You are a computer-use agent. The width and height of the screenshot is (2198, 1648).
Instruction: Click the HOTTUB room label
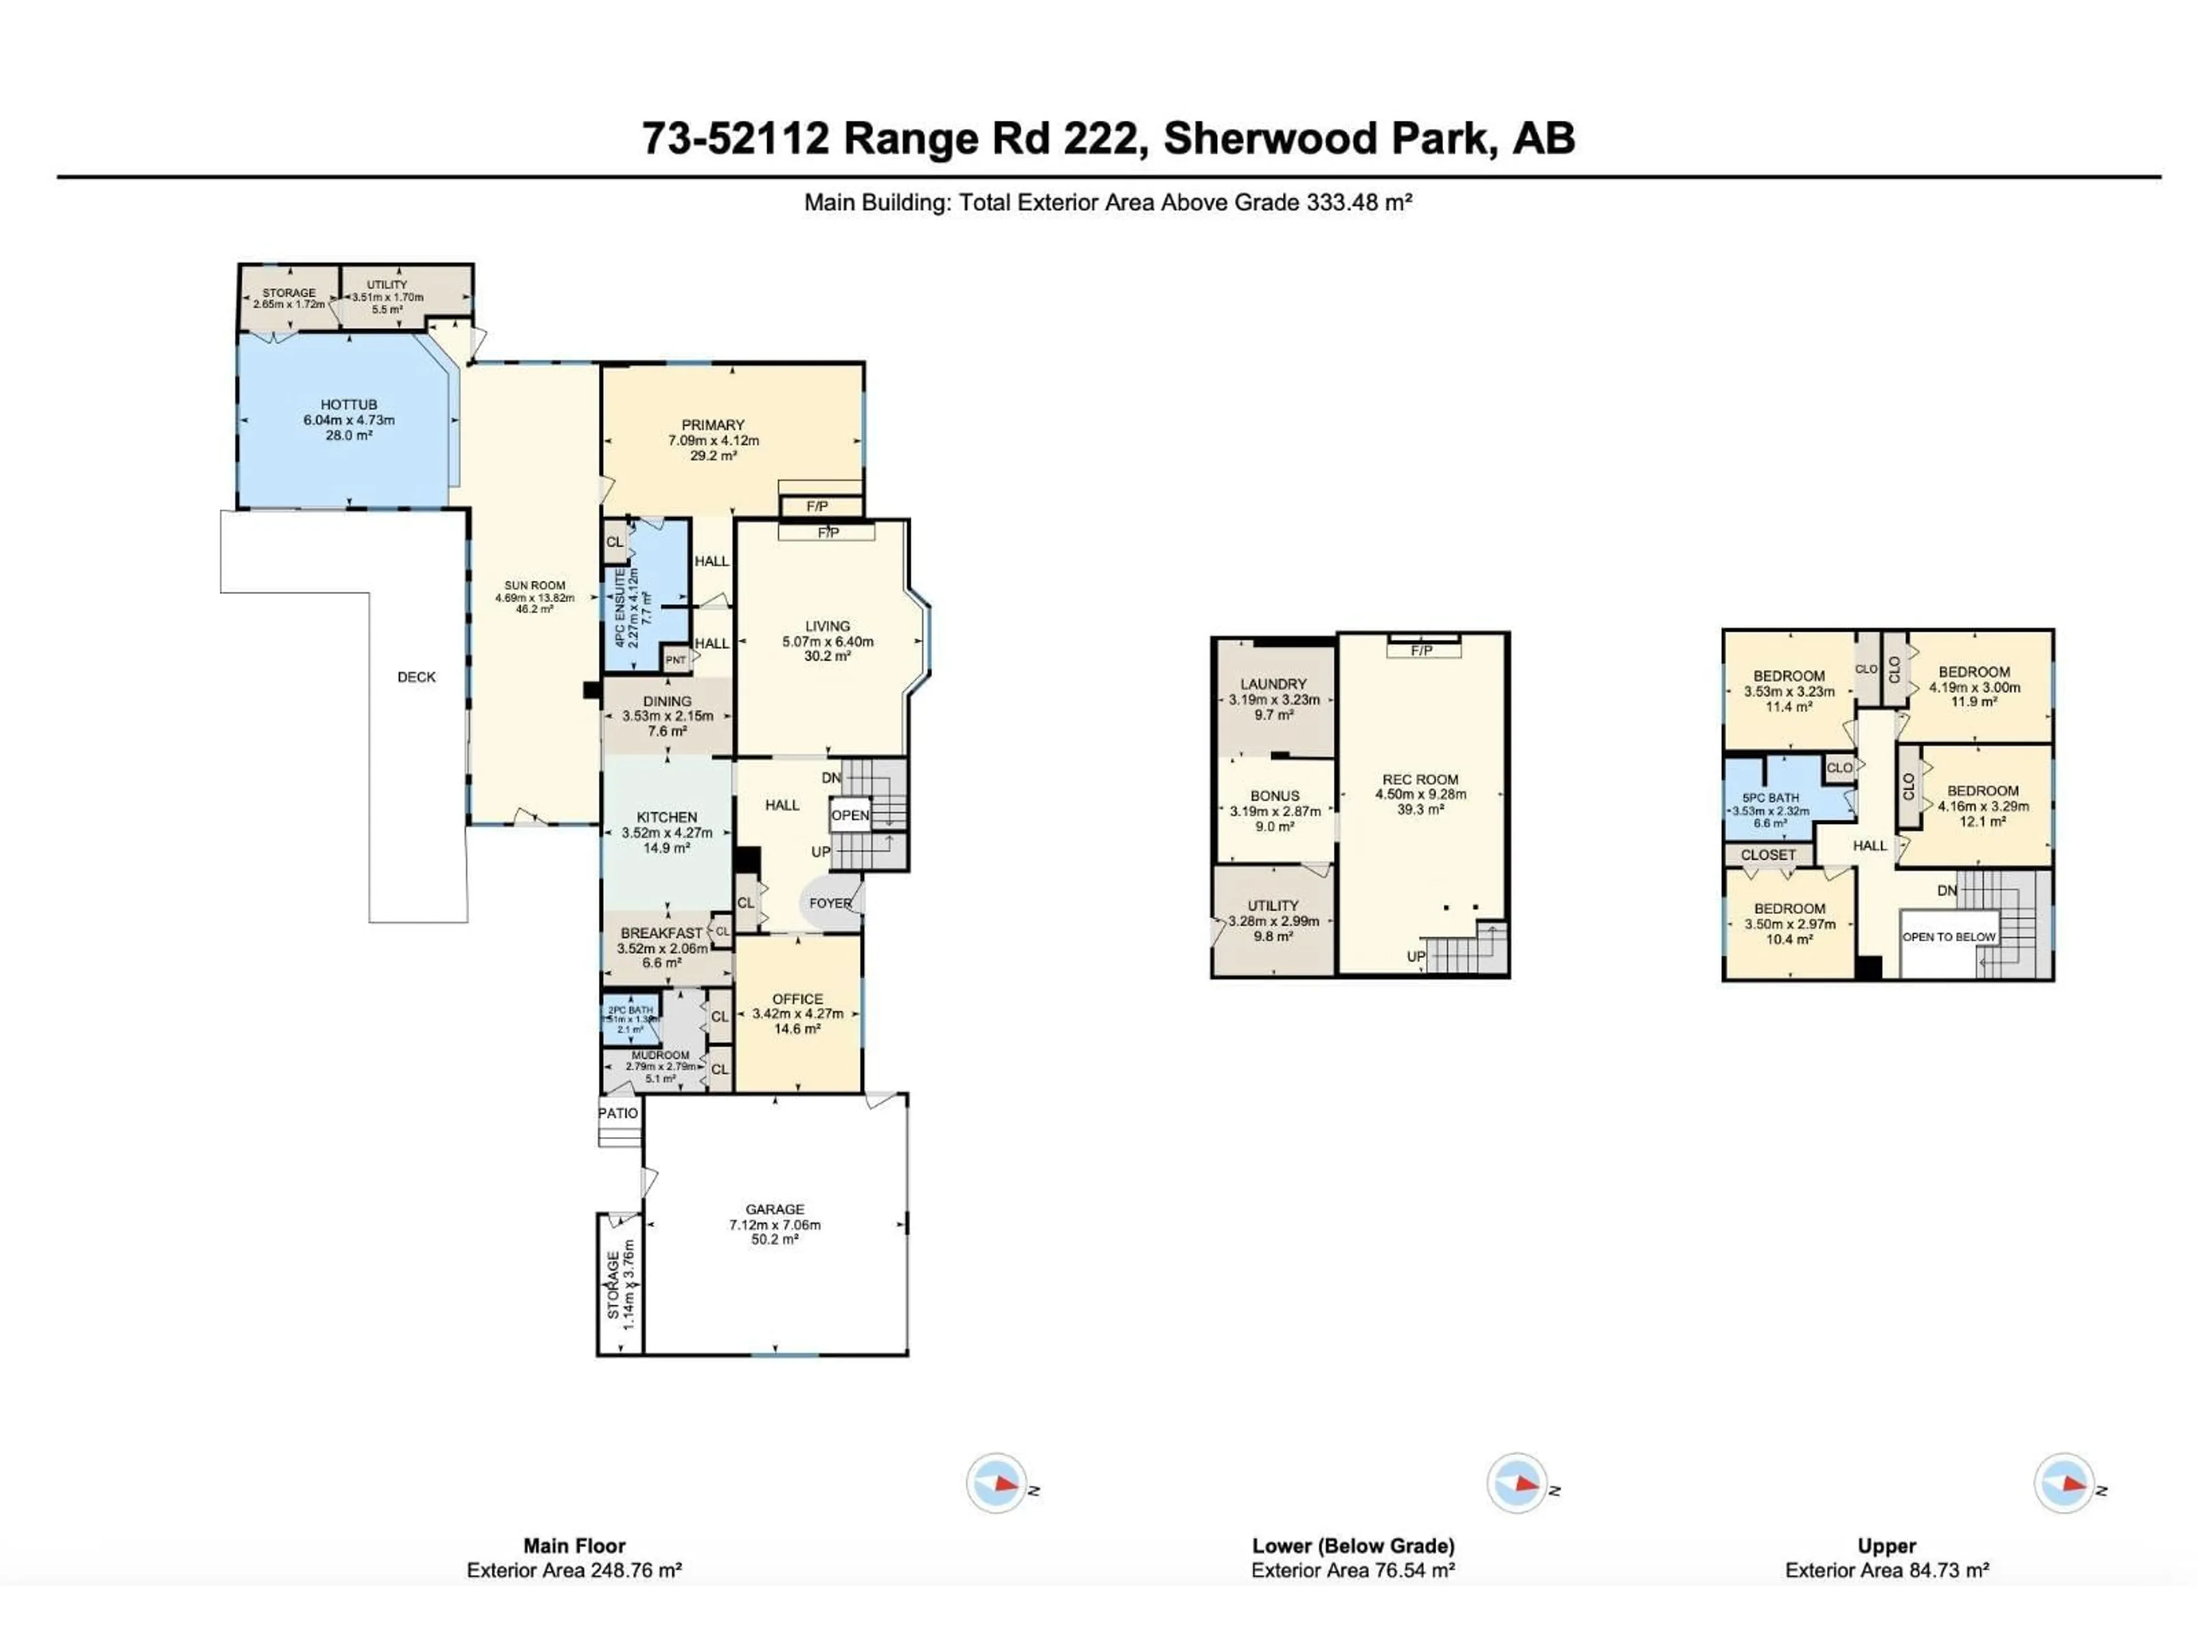pos(349,405)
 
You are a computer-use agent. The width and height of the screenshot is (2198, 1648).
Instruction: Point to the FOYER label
pos(830,903)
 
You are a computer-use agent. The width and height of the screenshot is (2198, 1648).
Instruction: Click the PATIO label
pos(618,1112)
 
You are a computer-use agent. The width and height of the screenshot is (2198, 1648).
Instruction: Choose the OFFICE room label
pos(797,999)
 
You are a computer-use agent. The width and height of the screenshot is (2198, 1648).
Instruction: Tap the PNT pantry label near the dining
pos(675,660)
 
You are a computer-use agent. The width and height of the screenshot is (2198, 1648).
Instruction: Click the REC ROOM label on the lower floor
pos(1420,780)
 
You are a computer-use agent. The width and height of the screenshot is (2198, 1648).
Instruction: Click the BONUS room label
pos(1274,796)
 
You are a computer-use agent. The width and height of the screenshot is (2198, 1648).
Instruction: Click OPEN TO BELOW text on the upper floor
pos(1948,937)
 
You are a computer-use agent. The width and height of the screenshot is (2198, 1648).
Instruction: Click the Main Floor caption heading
pos(574,1546)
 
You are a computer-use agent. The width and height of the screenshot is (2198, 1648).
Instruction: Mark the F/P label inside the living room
pos(828,533)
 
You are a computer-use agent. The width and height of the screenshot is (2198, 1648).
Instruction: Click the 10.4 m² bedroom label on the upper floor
pos(1789,939)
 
